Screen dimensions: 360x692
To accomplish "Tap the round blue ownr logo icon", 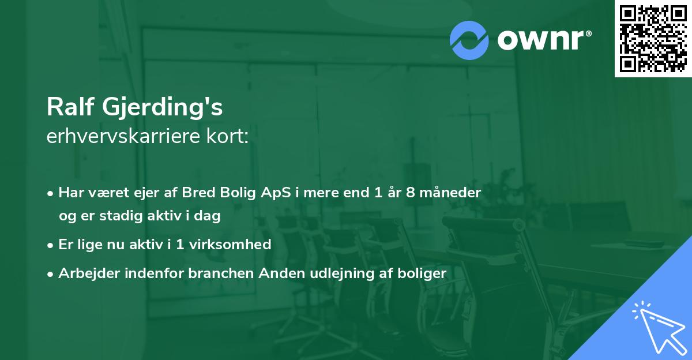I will [469, 40].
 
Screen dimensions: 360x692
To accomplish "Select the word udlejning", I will [338, 273].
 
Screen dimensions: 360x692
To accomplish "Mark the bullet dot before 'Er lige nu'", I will [51, 245].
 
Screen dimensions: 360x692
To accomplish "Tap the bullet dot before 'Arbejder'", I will [51, 273].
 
